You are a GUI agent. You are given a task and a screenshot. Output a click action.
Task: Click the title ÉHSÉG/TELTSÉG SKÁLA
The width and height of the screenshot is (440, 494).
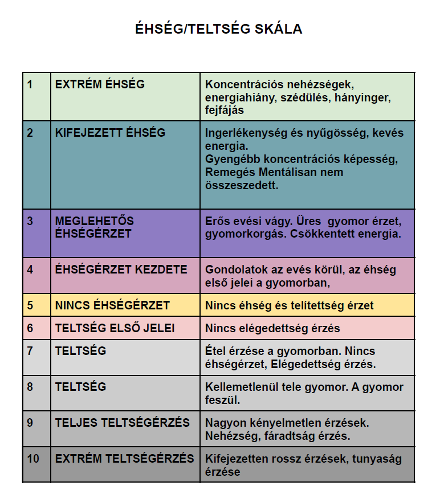pyautogui.click(x=218, y=29)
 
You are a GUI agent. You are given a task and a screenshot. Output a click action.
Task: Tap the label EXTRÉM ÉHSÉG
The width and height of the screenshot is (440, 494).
pyautogui.click(x=100, y=84)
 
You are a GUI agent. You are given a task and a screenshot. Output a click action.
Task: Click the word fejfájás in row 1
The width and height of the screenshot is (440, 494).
pyautogui.click(x=225, y=110)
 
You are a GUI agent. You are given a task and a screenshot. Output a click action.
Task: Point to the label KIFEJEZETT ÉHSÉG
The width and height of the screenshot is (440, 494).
pyautogui.click(x=110, y=133)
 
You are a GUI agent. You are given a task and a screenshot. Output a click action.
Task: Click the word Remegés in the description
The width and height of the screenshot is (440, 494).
pyautogui.click(x=228, y=172)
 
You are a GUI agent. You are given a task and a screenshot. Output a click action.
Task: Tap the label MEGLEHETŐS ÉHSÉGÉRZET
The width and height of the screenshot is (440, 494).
pyautogui.click(x=93, y=227)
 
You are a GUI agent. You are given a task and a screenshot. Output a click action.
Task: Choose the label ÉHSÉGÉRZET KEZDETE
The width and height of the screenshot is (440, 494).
pyautogui.click(x=121, y=270)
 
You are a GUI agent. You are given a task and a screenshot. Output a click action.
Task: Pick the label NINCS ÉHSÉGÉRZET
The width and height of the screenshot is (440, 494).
pyautogui.click(x=112, y=305)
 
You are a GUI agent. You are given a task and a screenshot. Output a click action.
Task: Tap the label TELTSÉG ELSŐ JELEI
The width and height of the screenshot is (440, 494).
pyautogui.click(x=115, y=328)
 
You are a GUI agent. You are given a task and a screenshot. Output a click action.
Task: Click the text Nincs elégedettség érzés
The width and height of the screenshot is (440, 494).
pyautogui.click(x=272, y=328)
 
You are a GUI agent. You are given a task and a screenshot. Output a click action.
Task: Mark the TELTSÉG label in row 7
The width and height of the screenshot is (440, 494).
pyautogui.click(x=80, y=351)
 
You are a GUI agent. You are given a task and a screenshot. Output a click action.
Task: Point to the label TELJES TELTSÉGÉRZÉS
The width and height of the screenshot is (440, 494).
pyautogui.click(x=122, y=423)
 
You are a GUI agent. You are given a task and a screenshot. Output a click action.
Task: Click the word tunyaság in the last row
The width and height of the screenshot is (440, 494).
pyautogui.click(x=377, y=459)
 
